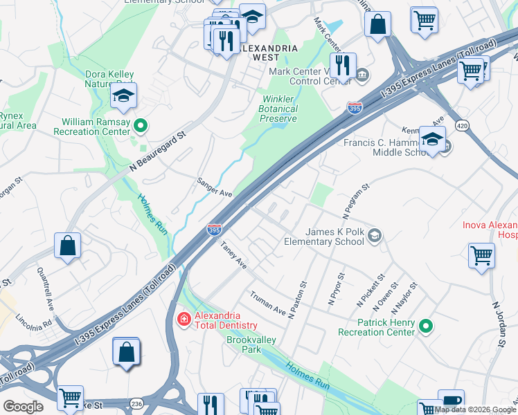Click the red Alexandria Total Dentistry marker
pos(184,319)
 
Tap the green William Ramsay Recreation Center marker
pos(141,125)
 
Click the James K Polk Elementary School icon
pos(375,236)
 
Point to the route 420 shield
pos(461,124)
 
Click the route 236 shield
pos(136,403)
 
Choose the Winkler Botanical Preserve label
pos(278,109)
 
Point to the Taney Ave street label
pos(233,255)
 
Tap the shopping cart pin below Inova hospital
pos(481,255)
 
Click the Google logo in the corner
pos(23,407)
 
